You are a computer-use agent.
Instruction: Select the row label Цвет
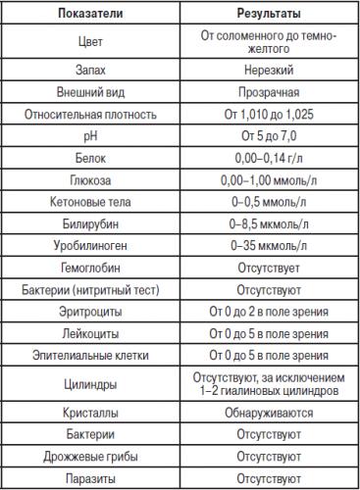(89, 43)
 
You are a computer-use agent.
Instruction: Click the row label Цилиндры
(89, 382)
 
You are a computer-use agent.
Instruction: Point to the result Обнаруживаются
(269, 412)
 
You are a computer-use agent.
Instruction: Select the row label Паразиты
(89, 477)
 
